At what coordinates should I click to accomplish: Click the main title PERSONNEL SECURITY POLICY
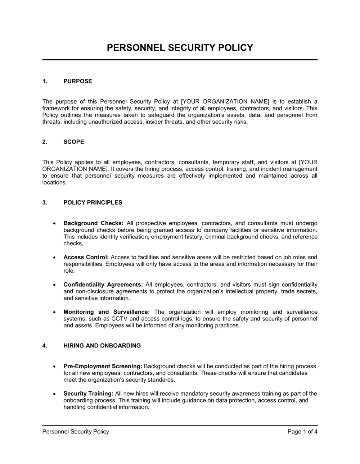pyautogui.click(x=180, y=48)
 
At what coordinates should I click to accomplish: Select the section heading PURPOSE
pyautogui.click(x=78, y=81)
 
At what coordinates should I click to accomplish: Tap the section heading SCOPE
pyautogui.click(x=73, y=142)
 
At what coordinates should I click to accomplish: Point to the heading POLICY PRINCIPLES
pyautogui.click(x=93, y=203)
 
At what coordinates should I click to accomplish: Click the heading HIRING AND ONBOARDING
pyautogui.click(x=102, y=346)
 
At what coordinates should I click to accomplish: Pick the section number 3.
pyautogui.click(x=45, y=203)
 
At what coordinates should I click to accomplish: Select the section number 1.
pyautogui.click(x=45, y=81)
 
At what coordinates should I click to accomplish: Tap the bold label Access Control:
pyautogui.click(x=86, y=258)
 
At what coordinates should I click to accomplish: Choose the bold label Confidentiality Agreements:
pyautogui.click(x=103, y=285)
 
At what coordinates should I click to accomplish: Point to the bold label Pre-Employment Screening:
pyautogui.click(x=103, y=367)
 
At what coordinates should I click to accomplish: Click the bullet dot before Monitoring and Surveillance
pyautogui.click(x=54, y=312)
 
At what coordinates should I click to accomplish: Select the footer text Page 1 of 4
pyautogui.click(x=302, y=432)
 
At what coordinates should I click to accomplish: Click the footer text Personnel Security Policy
pyautogui.click(x=76, y=432)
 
